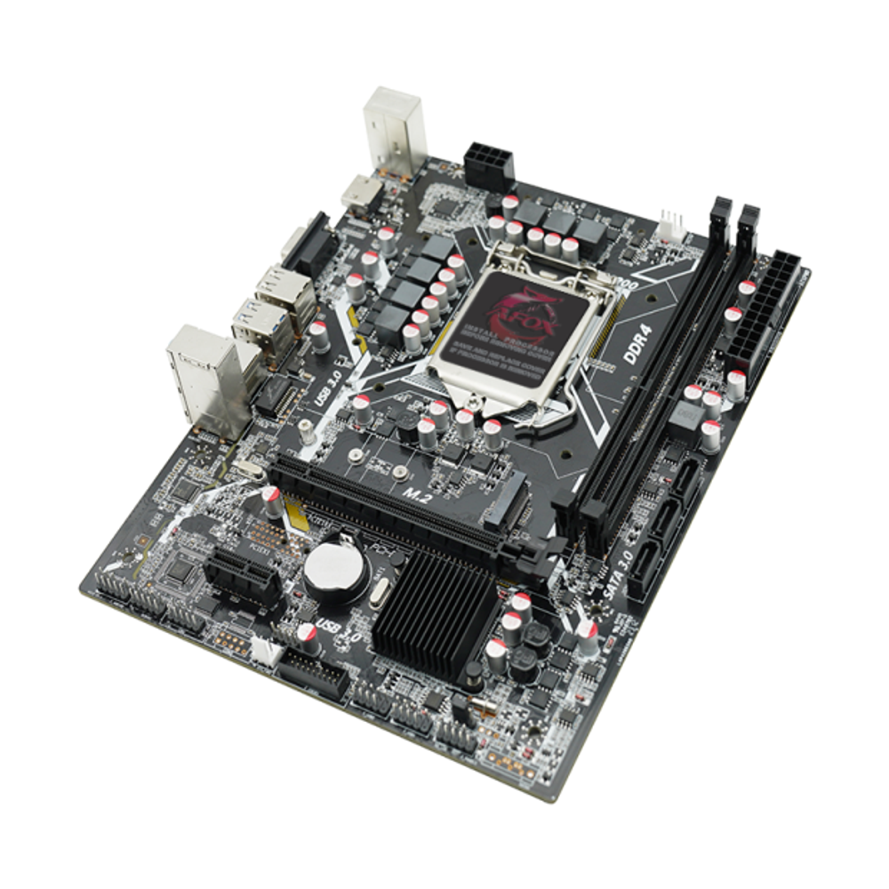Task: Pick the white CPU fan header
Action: coord(671,224)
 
